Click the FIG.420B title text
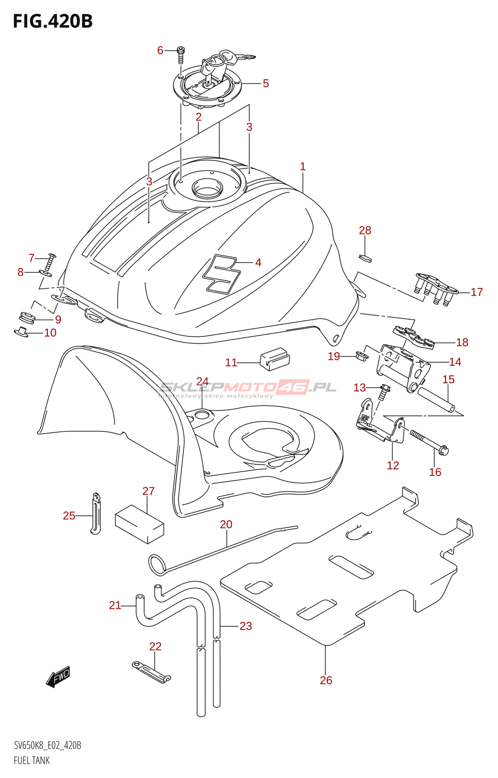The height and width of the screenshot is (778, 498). [x=53, y=21]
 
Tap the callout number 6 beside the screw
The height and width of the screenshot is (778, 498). [x=160, y=51]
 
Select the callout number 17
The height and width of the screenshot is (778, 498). [x=477, y=292]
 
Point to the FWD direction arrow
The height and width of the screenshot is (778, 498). [x=58, y=676]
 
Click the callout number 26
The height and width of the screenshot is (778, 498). [x=326, y=680]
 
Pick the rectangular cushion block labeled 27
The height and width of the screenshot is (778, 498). [x=139, y=523]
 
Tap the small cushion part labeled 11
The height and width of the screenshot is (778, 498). [x=275, y=359]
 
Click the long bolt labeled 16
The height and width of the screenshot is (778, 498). [x=429, y=442]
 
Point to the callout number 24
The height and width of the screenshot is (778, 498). [x=202, y=381]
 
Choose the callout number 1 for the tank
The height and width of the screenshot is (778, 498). [x=303, y=166]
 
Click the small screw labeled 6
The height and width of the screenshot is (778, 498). [x=180, y=55]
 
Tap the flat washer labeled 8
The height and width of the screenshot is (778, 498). [x=47, y=273]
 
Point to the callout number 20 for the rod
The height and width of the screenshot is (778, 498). [x=226, y=524]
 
